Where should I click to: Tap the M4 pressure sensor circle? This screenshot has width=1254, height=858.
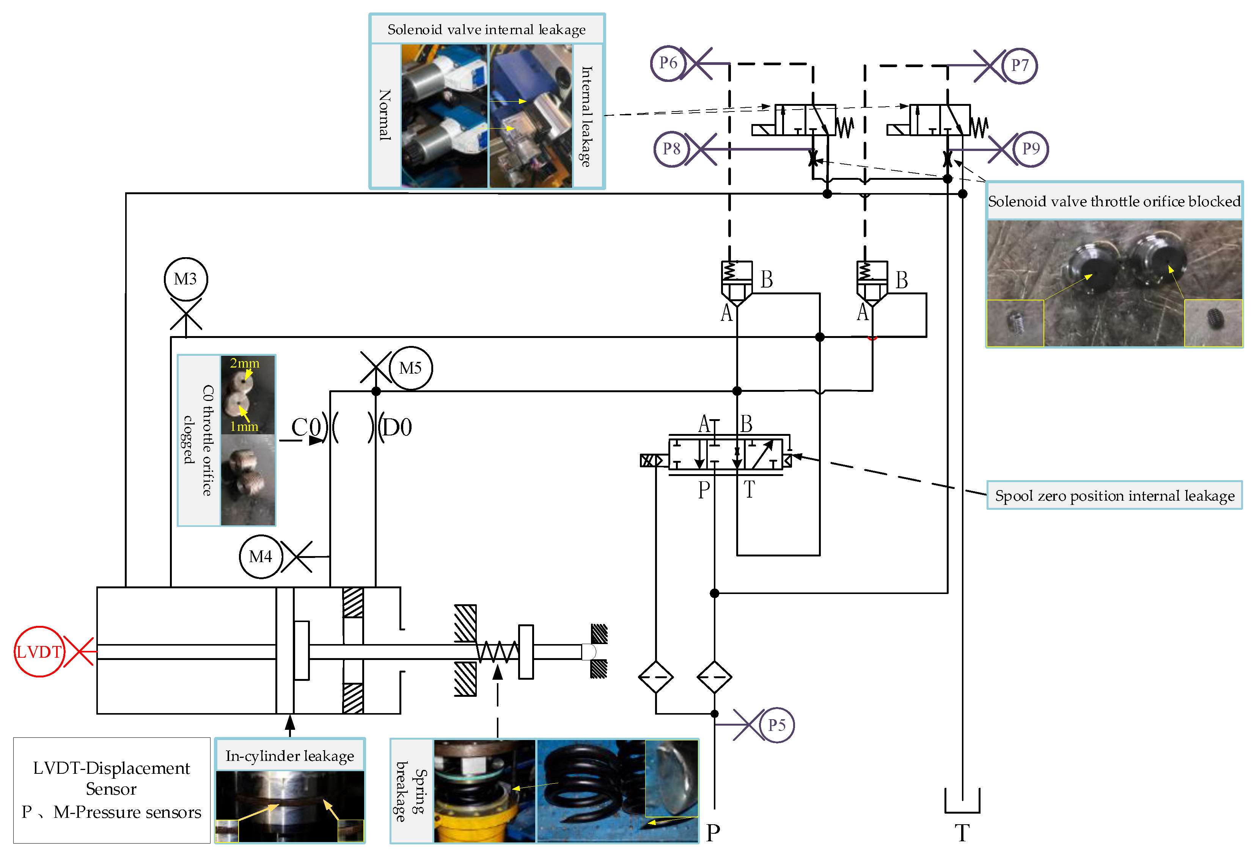[x=261, y=556]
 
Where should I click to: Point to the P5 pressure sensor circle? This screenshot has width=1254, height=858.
[x=776, y=725]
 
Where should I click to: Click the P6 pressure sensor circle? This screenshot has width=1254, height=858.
[x=668, y=63]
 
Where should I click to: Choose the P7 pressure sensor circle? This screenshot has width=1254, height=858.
[x=1019, y=65]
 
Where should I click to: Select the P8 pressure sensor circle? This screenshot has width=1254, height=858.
[x=671, y=149]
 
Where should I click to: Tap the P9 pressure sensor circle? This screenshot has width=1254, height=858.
[x=1031, y=149]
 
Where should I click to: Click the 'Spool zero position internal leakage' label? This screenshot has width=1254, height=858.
[x=1114, y=495]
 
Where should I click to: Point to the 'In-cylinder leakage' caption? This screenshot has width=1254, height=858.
[x=290, y=756]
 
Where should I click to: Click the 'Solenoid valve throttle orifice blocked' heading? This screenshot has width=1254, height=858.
[x=1114, y=201]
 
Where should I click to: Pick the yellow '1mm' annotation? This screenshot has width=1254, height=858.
[x=244, y=426]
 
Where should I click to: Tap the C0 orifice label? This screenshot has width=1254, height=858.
[x=306, y=427]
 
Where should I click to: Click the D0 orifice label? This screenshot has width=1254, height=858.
[x=397, y=427]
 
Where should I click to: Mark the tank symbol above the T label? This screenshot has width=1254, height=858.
[x=962, y=801]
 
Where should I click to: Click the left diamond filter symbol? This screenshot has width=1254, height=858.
[x=655, y=677]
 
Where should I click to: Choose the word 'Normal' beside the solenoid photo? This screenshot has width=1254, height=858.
[x=384, y=115]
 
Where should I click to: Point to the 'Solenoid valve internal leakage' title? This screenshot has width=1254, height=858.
[x=486, y=29]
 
